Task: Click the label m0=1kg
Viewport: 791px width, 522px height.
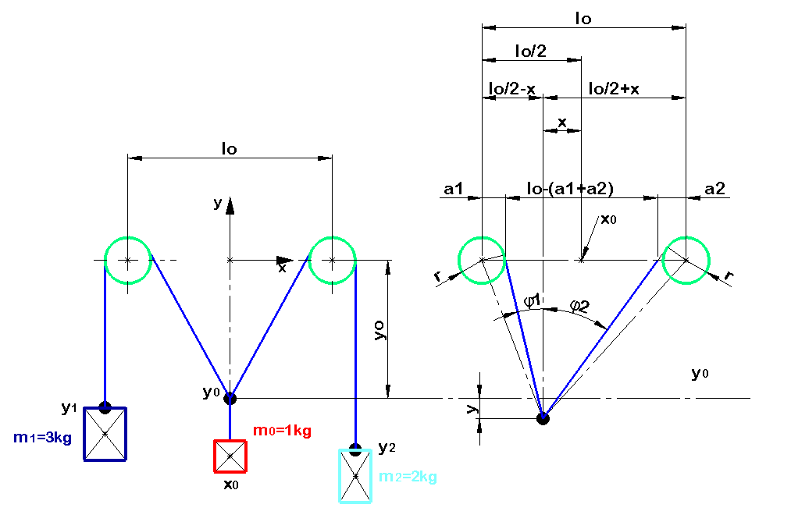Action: (x=282, y=431)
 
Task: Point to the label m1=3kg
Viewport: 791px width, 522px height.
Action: (x=42, y=438)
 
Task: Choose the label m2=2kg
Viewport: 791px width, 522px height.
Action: (x=408, y=476)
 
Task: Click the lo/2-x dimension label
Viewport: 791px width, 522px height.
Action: (x=512, y=89)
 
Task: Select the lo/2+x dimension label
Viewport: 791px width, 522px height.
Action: (x=614, y=89)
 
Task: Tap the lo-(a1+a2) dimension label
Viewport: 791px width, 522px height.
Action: (x=570, y=189)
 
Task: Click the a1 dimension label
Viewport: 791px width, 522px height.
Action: (x=453, y=189)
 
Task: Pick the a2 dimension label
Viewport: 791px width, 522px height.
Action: (x=714, y=189)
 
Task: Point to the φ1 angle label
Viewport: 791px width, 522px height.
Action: (x=533, y=301)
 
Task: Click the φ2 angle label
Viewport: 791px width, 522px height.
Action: (x=579, y=305)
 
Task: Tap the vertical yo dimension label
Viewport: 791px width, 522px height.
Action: (x=379, y=330)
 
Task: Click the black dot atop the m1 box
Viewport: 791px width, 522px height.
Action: (x=105, y=407)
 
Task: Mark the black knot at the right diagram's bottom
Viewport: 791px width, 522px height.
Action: (x=543, y=418)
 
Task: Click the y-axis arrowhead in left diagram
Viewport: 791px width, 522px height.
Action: (x=230, y=206)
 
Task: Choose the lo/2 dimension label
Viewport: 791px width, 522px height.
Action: (x=531, y=51)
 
